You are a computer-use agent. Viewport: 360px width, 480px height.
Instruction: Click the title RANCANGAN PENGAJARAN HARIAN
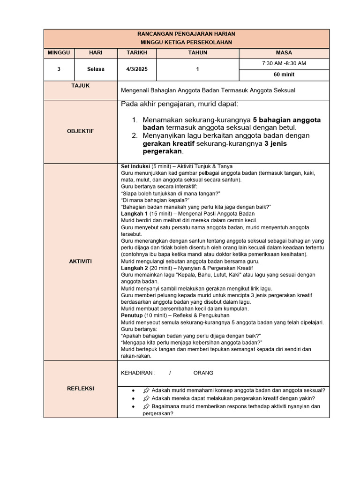pyautogui.click(x=186, y=34)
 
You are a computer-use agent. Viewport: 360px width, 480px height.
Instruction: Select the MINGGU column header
pyautogui.click(x=59, y=53)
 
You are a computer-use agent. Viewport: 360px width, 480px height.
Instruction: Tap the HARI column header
pyautogui.click(x=95, y=53)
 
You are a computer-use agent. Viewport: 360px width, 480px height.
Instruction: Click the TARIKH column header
pyautogui.click(x=136, y=53)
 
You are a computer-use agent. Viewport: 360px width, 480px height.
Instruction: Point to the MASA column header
pyautogui.click(x=284, y=53)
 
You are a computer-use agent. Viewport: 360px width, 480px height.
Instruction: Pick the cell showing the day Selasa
pyautogui.click(x=95, y=69)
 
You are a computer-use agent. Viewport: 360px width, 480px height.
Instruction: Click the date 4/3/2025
pyautogui.click(x=136, y=69)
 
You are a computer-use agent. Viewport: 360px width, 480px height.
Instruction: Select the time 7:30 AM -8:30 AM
pyautogui.click(x=284, y=64)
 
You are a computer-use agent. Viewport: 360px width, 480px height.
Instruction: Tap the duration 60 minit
pyautogui.click(x=284, y=75)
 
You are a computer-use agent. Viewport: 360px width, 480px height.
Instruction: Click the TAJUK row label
pyautogui.click(x=80, y=86)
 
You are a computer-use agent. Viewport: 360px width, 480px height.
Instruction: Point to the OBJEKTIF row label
pyautogui.click(x=80, y=131)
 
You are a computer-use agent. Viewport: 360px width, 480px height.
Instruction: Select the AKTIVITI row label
pyautogui.click(x=80, y=261)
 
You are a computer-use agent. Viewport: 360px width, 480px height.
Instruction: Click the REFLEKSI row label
pyautogui.click(x=80, y=389)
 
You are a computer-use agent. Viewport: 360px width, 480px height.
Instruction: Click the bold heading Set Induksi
pyautogui.click(x=135, y=166)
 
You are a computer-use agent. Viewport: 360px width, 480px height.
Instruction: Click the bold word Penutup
pyautogui.click(x=132, y=315)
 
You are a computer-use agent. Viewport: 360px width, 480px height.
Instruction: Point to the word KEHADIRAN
pyautogui.click(x=138, y=373)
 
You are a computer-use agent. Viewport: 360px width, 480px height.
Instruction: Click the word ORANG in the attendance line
pyautogui.click(x=203, y=373)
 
